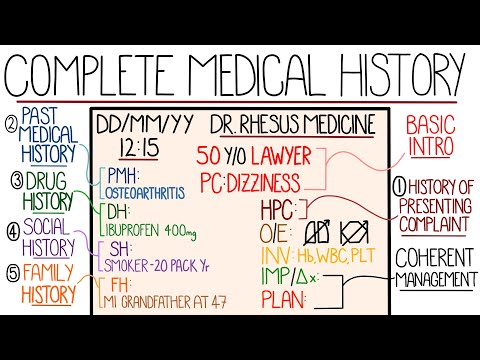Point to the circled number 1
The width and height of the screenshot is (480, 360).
pyautogui.click(x=400, y=185)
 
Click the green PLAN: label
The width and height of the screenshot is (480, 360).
pyautogui.click(x=284, y=299)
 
